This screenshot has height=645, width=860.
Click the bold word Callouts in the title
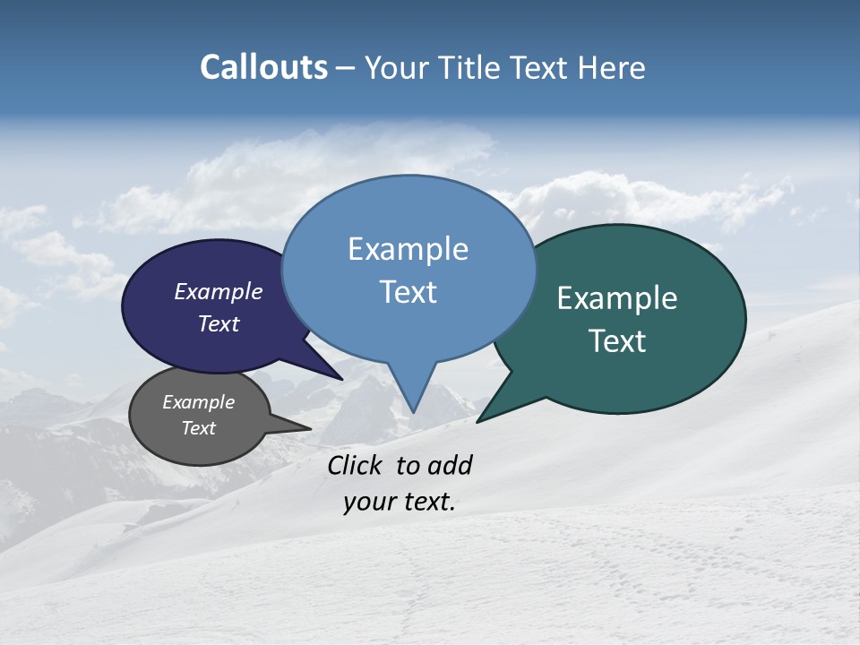[x=264, y=67]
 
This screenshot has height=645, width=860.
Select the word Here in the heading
[x=612, y=67]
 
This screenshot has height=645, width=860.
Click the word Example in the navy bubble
[x=219, y=291]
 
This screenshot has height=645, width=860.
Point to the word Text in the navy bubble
[x=219, y=323]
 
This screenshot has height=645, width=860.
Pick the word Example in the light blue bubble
[x=408, y=249]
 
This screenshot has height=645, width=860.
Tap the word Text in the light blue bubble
[x=408, y=292]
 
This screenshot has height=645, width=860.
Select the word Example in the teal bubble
[x=617, y=298]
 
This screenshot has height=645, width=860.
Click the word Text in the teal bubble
[x=617, y=341]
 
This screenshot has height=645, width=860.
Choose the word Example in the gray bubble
[x=198, y=402]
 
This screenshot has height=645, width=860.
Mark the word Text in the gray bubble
[x=198, y=428]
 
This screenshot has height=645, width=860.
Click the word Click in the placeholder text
[x=356, y=465]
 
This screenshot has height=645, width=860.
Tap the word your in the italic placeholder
[x=365, y=502]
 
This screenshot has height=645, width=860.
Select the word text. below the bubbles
[x=426, y=502]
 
